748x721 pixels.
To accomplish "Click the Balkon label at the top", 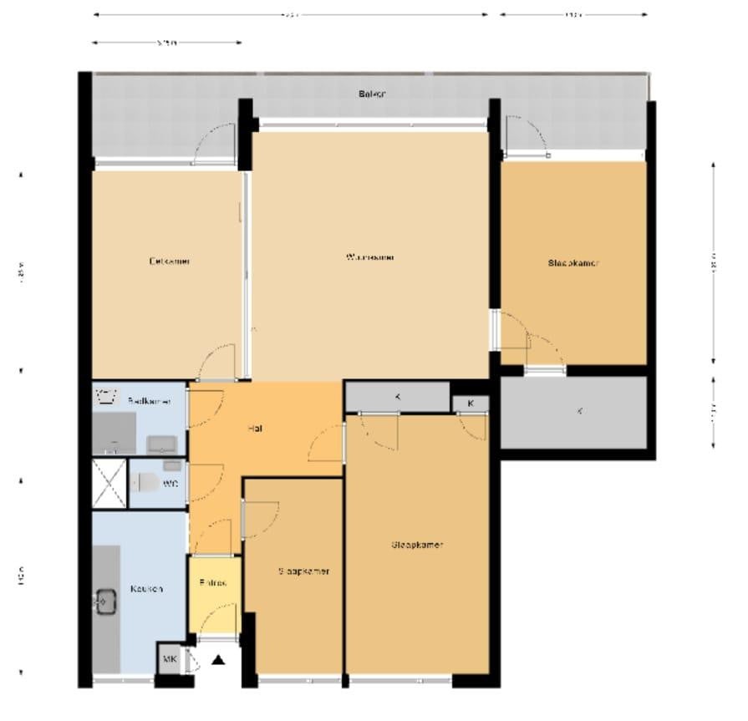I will pyautogui.click(x=373, y=94).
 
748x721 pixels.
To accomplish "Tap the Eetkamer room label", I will pyautogui.click(x=170, y=261).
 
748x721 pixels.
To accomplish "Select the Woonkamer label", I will pyautogui.click(x=369, y=257).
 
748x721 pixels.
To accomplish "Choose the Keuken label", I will pyautogui.click(x=146, y=588).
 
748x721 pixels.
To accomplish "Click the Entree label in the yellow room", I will pyautogui.click(x=213, y=583).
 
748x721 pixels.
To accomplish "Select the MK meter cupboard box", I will pyautogui.click(x=170, y=660).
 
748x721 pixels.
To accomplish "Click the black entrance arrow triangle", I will pyautogui.click(x=219, y=660).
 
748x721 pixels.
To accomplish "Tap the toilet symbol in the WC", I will pyautogui.click(x=143, y=483).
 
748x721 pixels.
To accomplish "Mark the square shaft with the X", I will pyautogui.click(x=109, y=483).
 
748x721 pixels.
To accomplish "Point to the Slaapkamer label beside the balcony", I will pyautogui.click(x=573, y=262).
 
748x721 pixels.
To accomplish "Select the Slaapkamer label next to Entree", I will pyautogui.click(x=303, y=571).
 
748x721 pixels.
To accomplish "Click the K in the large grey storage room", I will pyautogui.click(x=580, y=412).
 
